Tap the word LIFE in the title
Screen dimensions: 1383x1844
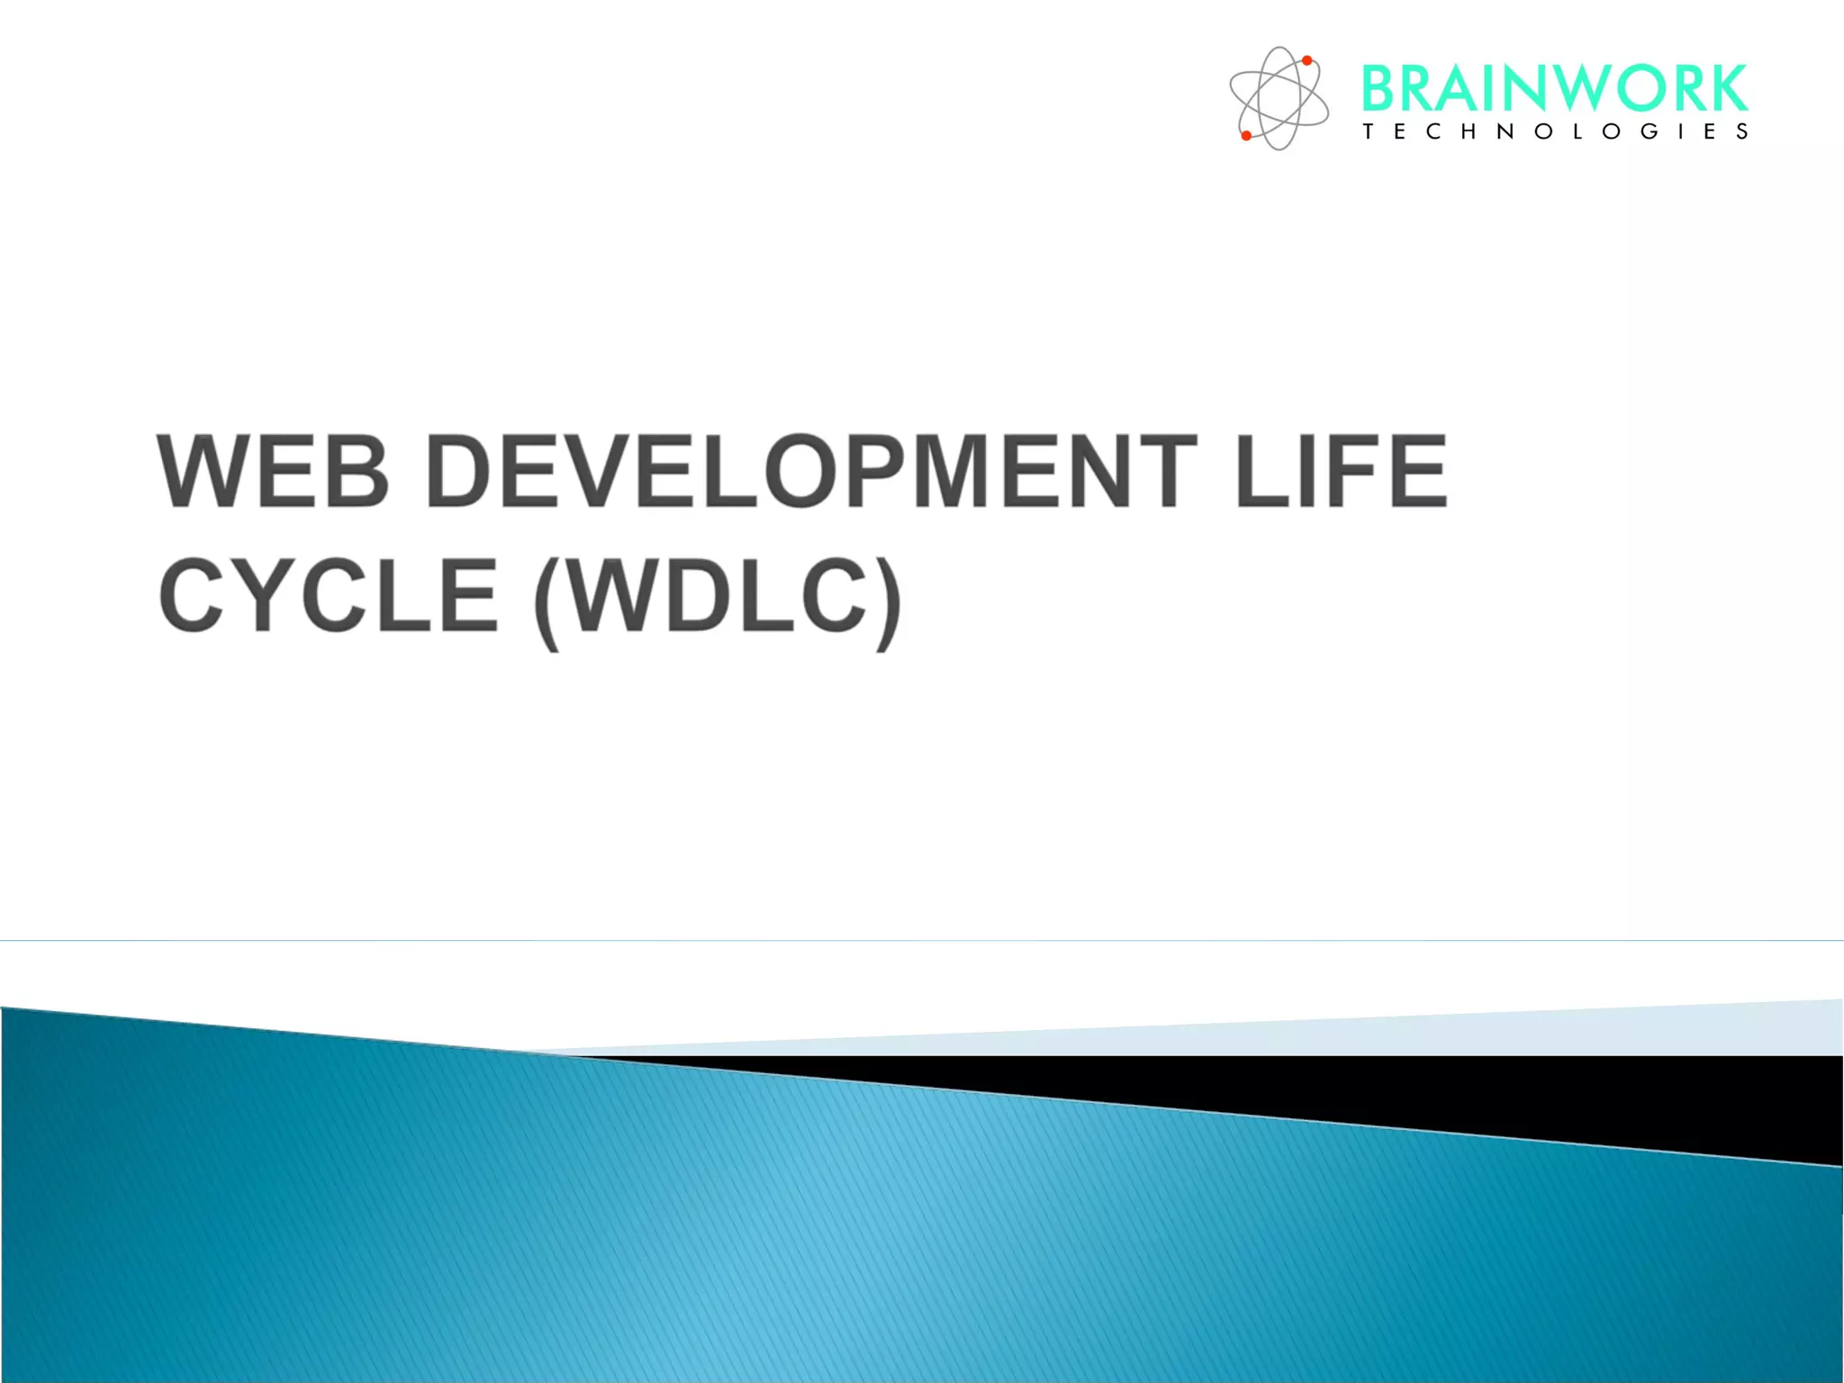[x=1342, y=472]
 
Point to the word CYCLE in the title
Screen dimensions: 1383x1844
[x=328, y=595]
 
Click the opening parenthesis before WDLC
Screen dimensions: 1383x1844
[x=546, y=601]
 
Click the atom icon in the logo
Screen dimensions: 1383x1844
[x=1279, y=98]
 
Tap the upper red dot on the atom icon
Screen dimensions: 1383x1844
[x=1306, y=61]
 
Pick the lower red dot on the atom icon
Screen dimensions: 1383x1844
[x=1246, y=136]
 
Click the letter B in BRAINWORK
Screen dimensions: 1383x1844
[x=1379, y=88]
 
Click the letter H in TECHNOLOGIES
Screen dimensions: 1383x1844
[x=1469, y=131]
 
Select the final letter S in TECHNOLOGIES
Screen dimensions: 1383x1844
[x=1742, y=131]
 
